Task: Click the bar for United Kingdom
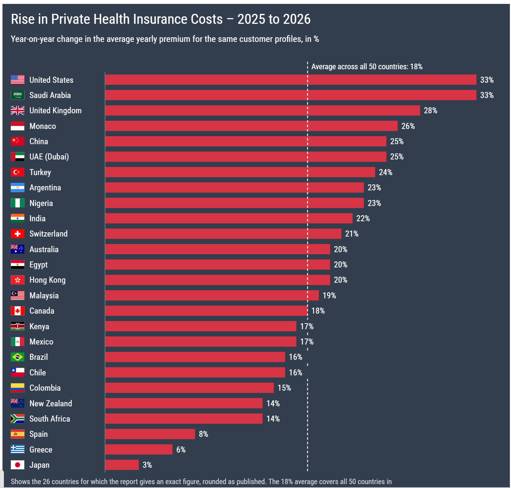262,110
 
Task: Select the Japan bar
122,465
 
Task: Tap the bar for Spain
150,434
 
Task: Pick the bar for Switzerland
223,234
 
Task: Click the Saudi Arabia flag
18,95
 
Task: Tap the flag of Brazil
18,357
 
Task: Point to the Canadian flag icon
18,311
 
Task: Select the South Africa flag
18,419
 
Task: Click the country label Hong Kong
48,280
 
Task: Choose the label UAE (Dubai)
49,157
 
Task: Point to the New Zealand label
51,403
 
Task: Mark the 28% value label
430,110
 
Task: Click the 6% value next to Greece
181,449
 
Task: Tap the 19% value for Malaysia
329,295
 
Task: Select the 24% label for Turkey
386,172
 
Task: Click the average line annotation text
367,67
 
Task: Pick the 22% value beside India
363,218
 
